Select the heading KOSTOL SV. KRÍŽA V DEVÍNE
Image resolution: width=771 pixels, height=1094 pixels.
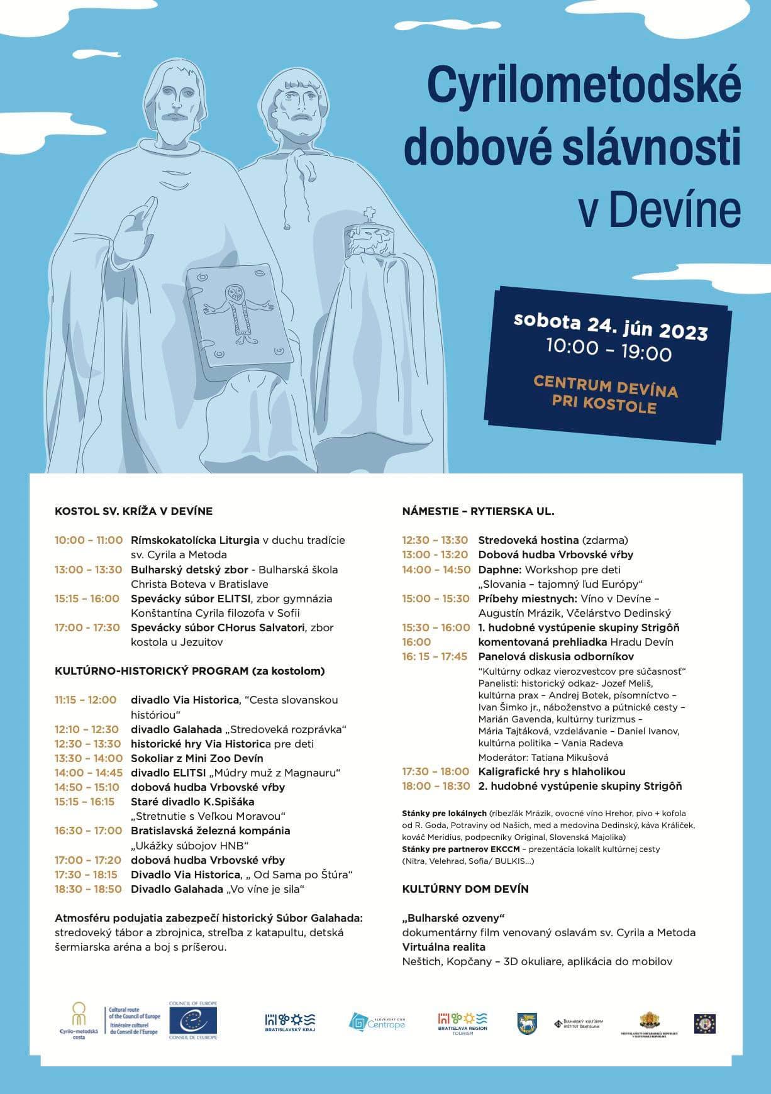[x=133, y=511]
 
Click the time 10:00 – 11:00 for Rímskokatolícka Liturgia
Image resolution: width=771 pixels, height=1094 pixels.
[x=88, y=540]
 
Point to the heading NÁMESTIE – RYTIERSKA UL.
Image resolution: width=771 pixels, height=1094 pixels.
[x=478, y=511]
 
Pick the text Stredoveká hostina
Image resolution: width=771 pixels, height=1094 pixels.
[x=528, y=540]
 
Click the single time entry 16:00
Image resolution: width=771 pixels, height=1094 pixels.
[x=416, y=642]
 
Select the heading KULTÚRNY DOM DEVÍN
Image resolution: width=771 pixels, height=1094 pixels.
[x=465, y=889]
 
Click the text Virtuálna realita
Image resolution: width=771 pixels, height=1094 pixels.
[x=443, y=947]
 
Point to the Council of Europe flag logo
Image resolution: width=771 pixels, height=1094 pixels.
[x=192, y=1020]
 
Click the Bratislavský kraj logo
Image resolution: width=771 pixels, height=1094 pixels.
[x=290, y=1022]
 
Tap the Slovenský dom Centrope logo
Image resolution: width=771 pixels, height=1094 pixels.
[x=377, y=1022]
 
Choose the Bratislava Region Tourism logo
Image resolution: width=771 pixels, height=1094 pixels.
[x=462, y=1022]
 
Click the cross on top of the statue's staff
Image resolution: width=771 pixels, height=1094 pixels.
[x=370, y=213]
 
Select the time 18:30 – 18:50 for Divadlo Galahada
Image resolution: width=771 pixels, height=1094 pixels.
[x=88, y=889]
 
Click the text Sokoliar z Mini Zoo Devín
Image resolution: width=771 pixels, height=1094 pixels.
[x=197, y=758]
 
